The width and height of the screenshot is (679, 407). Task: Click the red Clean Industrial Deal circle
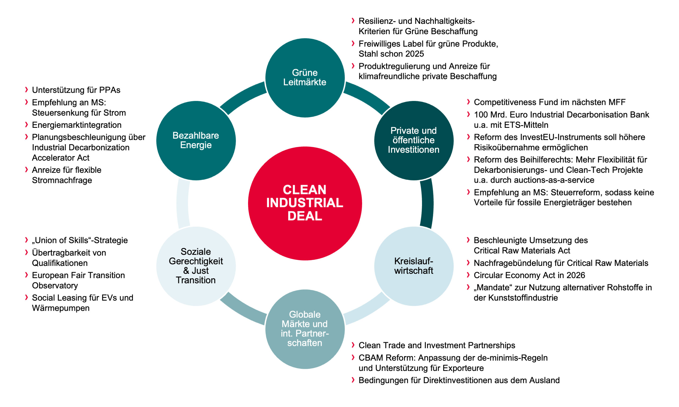tap(305, 203)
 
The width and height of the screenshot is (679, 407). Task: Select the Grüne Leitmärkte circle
tap(305, 78)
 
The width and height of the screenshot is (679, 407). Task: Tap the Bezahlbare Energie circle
tap(196, 141)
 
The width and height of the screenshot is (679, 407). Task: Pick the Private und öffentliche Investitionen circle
tap(414, 141)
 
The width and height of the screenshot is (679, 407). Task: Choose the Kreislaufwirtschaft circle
tap(414, 266)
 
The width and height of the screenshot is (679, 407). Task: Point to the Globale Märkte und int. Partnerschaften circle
tap(305, 329)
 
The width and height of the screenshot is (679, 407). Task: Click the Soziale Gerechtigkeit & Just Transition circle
tap(196, 266)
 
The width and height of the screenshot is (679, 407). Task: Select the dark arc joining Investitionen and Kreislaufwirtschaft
tap(427, 203)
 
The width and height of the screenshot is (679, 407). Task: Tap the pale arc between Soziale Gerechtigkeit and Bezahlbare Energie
tap(183, 203)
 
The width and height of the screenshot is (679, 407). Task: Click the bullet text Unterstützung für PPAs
tap(76, 90)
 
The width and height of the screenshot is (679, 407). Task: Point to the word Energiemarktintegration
tap(77, 125)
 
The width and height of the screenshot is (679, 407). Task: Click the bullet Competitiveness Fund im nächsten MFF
tap(549, 102)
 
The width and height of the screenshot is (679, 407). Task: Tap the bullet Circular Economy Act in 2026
tap(529, 275)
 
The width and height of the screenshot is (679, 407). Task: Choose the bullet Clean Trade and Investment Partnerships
tap(437, 345)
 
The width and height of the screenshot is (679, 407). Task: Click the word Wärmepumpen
tap(61, 308)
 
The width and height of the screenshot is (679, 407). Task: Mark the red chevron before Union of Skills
tap(26, 240)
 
